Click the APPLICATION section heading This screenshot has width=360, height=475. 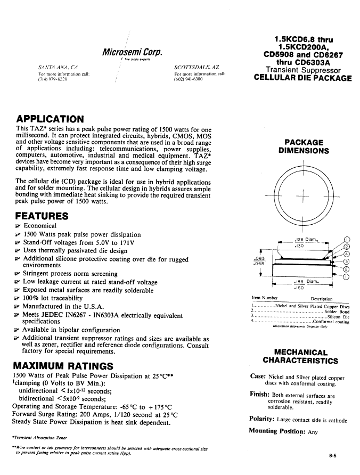pos(50,119)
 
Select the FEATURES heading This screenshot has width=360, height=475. pos(42,216)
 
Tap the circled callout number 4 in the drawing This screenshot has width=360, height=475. pos(347,253)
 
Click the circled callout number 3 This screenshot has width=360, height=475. pos(347,261)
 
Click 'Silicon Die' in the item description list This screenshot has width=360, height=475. pos(338,316)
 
